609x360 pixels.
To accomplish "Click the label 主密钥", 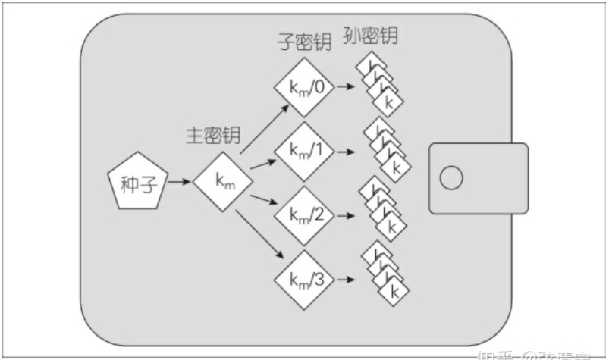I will pyautogui.click(x=213, y=136).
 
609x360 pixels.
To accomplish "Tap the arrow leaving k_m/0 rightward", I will pyautogui.click(x=346, y=87).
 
